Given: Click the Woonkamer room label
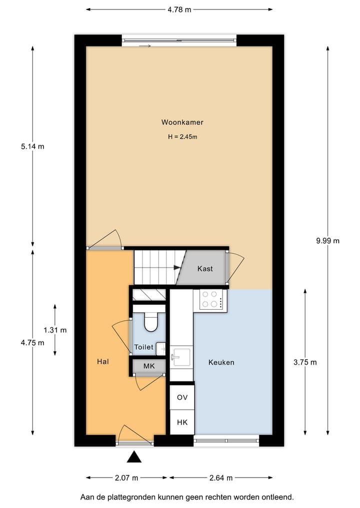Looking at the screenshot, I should click(x=182, y=122).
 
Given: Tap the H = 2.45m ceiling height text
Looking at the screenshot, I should click(x=182, y=136).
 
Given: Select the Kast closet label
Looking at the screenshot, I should click(x=205, y=269).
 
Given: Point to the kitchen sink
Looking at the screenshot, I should click(x=181, y=357).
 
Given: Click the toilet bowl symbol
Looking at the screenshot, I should click(x=149, y=323).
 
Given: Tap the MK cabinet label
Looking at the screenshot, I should click(x=149, y=366).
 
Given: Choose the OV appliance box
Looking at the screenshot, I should click(x=182, y=398).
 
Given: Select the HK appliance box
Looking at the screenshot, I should click(x=182, y=423).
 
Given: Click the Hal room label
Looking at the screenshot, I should click(x=103, y=362).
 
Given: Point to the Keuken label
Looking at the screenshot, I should click(x=221, y=363).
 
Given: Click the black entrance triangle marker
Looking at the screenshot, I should click(x=133, y=457).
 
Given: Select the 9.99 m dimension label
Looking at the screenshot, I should click(x=327, y=240).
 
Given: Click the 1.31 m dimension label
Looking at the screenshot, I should click(x=55, y=330).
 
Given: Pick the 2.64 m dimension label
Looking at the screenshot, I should click(x=220, y=478).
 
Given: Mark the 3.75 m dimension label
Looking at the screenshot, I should click(x=305, y=363).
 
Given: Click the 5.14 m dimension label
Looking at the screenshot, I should click(x=32, y=146).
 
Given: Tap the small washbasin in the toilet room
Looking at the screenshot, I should click(x=160, y=348).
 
